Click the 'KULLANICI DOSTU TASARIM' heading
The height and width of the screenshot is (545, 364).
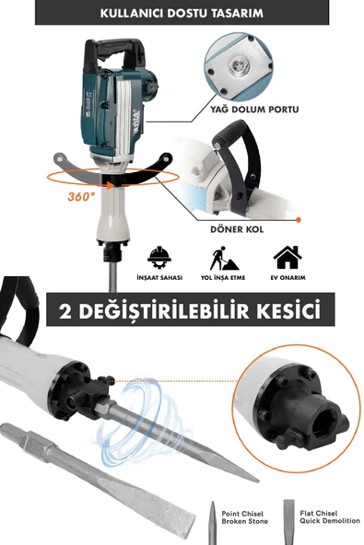click(x=182, y=14)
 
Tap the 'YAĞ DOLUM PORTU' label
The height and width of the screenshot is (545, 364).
click(x=254, y=110)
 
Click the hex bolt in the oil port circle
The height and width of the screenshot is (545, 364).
click(x=239, y=65)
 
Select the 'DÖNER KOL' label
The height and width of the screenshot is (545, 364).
click(x=237, y=229)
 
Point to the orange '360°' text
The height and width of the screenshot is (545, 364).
click(x=81, y=197)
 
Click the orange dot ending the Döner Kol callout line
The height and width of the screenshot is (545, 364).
click(x=299, y=220)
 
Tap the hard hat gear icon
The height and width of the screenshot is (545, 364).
click(x=159, y=259)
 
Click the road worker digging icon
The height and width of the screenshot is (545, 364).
click(x=224, y=259)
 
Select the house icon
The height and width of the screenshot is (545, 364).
click(x=288, y=257)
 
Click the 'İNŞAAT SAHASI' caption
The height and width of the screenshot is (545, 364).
click(x=159, y=278)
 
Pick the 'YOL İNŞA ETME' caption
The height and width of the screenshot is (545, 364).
click(x=223, y=278)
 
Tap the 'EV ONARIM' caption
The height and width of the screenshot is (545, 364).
click(x=288, y=278)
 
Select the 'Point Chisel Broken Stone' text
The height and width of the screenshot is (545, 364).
click(x=244, y=517)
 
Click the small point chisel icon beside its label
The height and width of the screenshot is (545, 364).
click(x=212, y=522)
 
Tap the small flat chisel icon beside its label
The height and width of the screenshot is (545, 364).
click(x=288, y=522)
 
